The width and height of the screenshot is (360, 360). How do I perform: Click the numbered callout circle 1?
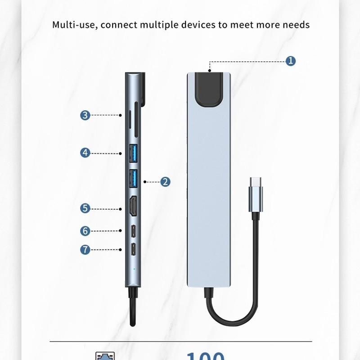[291, 61]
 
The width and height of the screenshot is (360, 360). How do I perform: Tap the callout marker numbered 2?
[165, 182]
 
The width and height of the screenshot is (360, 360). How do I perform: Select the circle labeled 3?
[85, 115]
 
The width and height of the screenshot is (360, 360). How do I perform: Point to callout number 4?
[85, 153]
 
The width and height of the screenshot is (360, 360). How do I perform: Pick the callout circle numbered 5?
[85, 208]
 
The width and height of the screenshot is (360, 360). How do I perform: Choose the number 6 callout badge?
[85, 231]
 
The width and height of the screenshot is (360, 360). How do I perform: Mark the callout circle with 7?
[85, 249]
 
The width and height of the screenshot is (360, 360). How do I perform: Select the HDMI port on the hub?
[134, 207]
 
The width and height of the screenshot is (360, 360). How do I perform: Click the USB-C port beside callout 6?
[134, 231]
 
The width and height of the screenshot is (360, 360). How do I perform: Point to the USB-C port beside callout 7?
[134, 249]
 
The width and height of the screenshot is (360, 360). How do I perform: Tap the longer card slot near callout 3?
[136, 118]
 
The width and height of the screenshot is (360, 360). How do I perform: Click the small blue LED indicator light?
[133, 271]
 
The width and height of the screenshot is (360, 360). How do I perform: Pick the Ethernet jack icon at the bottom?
[105, 356]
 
